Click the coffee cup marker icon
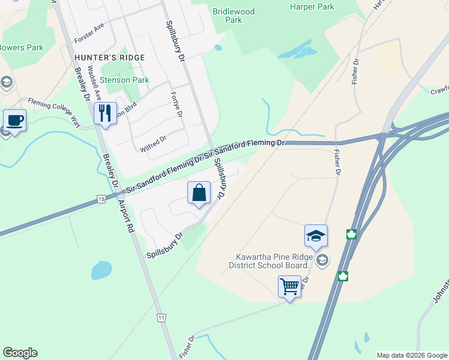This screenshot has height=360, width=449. (14, 120)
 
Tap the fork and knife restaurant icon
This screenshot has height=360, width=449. (106, 113)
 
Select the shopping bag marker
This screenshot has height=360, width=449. (199, 193)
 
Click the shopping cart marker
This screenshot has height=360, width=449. (289, 286)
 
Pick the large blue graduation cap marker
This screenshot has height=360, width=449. (316, 236)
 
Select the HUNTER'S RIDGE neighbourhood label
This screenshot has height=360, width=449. (110, 58)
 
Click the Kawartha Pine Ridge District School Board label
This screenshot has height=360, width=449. (271, 260)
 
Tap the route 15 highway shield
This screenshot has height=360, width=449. (100, 199)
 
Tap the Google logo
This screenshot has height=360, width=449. (20, 353)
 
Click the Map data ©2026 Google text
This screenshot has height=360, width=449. (412, 355)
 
